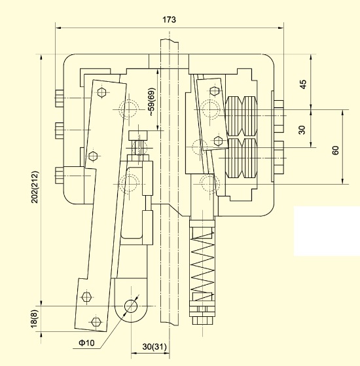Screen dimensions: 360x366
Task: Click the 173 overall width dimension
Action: pyautogui.click(x=169, y=20)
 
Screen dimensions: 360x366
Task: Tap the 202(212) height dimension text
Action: pyautogui.click(x=35, y=187)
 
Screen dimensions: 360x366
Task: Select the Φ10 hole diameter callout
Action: pyautogui.click(x=87, y=342)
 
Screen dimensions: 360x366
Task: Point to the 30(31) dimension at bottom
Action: pyautogui.click(x=154, y=346)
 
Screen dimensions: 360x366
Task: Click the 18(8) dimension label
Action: pyautogui.click(x=34, y=319)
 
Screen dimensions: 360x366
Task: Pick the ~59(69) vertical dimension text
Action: pyautogui.click(x=151, y=102)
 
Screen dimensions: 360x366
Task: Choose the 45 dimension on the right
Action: pyautogui.click(x=303, y=84)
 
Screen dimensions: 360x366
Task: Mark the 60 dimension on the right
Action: pyautogui.click(x=335, y=150)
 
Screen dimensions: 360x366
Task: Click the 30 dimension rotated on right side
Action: pyautogui.click(x=302, y=130)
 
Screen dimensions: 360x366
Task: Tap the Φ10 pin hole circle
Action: pyautogui.click(x=131, y=306)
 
